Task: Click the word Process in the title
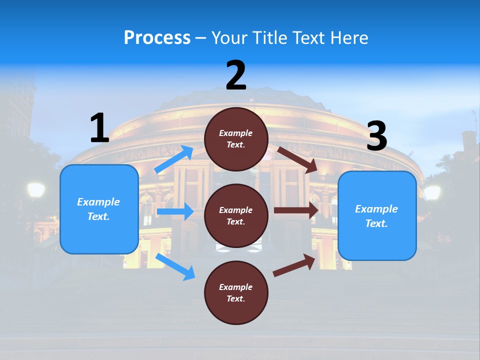click(157, 38)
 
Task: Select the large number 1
click(99, 128)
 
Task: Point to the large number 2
click(236, 75)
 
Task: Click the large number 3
click(377, 136)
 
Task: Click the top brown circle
click(236, 139)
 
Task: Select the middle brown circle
click(236, 215)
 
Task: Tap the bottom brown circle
click(236, 292)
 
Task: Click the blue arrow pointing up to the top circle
click(174, 159)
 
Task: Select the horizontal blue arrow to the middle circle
click(175, 211)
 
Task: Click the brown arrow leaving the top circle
click(297, 159)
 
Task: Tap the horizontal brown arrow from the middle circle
click(295, 211)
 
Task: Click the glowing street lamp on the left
click(36, 190)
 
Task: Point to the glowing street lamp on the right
click(432, 192)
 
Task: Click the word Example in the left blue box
click(98, 202)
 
